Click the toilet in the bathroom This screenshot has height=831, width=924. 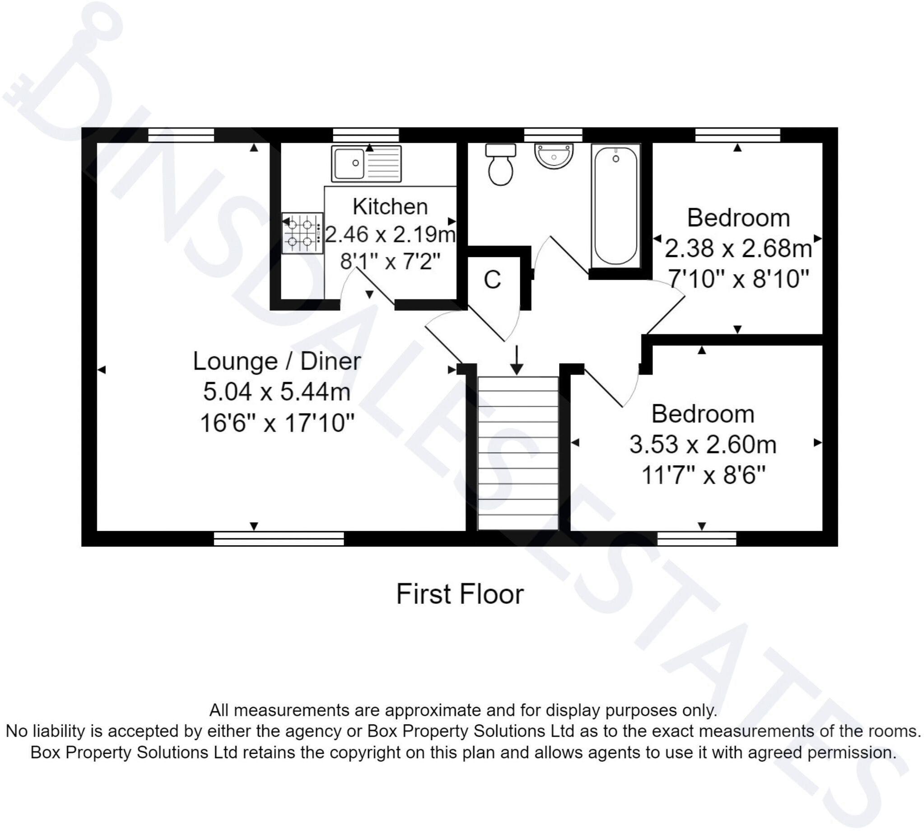pos(500,165)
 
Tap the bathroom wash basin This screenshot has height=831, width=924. pos(553,156)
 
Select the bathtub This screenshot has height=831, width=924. pos(616,205)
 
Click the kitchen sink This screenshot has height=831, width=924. pos(366,163)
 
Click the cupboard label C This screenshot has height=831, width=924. pos(492,280)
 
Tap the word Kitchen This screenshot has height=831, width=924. pos(390,207)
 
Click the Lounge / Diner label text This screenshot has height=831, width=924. pos(277,361)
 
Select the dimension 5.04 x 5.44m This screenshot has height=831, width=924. pos(277,392)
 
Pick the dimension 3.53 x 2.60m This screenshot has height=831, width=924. pos(703,444)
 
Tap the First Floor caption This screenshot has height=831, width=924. pos(460,594)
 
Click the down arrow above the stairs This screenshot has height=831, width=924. pos(516,360)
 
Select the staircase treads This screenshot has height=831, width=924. pos(518,453)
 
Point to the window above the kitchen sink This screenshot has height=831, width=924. pos(366,135)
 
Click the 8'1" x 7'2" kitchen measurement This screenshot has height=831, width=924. pos(390,261)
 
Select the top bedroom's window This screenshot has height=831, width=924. pos(737,135)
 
